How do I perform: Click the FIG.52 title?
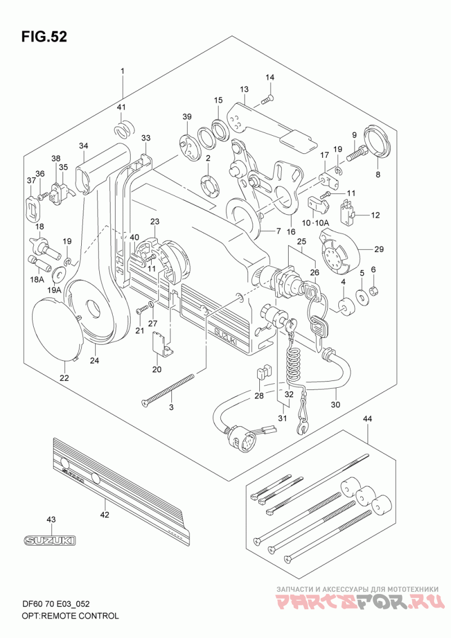click(44, 37)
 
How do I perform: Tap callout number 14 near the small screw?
click(270, 77)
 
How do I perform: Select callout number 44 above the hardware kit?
click(368, 419)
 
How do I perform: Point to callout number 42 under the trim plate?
click(104, 515)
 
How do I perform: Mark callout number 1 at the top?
click(122, 71)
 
